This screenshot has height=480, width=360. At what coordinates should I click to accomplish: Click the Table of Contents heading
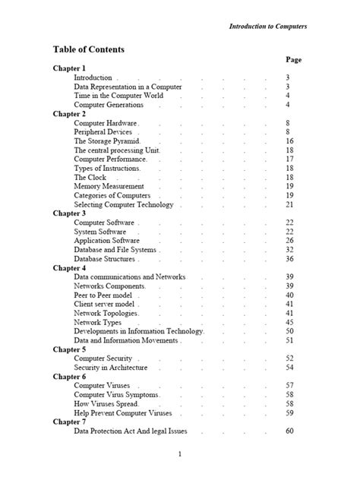[88, 50]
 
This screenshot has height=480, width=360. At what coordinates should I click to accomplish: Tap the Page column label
[294, 59]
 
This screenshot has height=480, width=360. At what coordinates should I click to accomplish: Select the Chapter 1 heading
[69, 68]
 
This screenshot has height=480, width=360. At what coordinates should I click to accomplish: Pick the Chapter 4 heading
[69, 268]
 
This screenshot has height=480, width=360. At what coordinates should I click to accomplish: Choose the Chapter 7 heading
[69, 422]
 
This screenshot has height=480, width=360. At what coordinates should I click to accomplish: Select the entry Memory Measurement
[109, 186]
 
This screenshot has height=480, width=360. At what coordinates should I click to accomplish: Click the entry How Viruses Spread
[107, 404]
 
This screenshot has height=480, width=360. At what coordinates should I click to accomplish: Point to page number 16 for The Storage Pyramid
[289, 141]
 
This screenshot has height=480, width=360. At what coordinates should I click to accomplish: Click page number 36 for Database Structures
[289, 258]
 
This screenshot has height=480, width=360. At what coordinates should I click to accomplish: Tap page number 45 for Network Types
[289, 322]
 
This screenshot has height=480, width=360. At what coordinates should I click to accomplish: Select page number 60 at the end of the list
[289, 431]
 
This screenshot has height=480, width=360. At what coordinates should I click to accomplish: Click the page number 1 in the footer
[179, 454]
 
